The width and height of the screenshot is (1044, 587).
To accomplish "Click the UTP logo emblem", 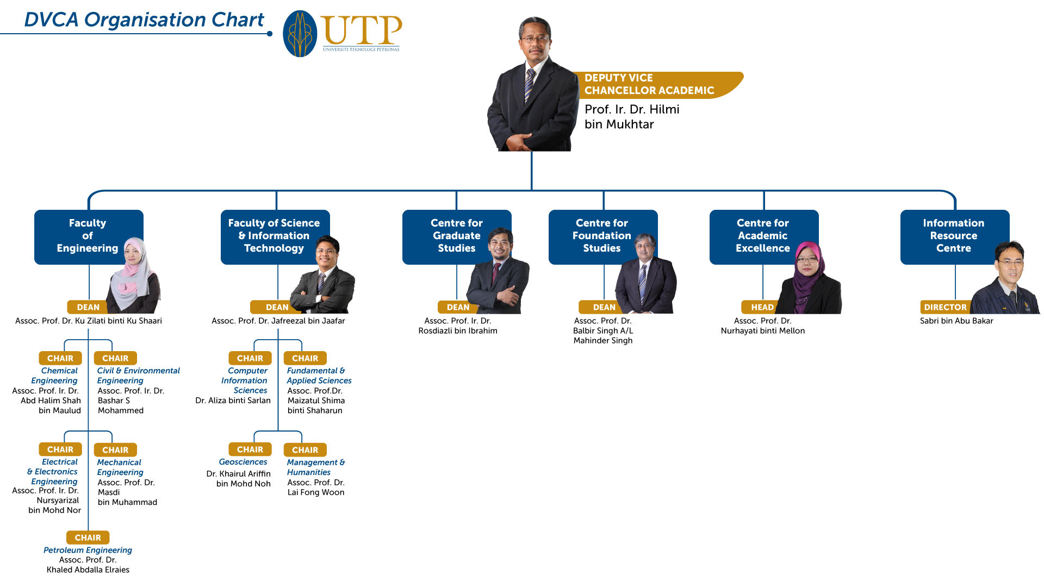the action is [x=300, y=34].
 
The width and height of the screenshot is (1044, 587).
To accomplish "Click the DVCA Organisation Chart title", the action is [x=144, y=20].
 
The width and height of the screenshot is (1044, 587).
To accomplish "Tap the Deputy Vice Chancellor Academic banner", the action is [x=658, y=85].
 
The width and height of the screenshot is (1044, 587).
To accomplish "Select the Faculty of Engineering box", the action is [x=89, y=237].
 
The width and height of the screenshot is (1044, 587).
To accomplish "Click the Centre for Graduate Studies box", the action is [x=457, y=237].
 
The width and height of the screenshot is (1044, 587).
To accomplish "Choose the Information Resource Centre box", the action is [x=955, y=237].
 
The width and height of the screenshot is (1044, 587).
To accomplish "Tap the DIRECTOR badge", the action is [x=946, y=307].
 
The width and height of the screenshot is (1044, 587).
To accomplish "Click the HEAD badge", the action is [x=762, y=307].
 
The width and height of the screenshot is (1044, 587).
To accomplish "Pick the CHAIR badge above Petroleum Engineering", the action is [x=88, y=538].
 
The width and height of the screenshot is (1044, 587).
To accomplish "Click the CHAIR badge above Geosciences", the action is [x=250, y=449].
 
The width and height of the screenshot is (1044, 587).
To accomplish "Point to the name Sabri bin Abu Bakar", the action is [x=956, y=321].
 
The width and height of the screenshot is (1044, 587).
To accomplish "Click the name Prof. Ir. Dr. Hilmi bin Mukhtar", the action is [x=632, y=117].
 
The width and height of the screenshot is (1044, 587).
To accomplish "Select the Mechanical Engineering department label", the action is [x=120, y=467].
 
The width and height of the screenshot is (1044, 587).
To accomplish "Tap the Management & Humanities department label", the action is [x=316, y=467].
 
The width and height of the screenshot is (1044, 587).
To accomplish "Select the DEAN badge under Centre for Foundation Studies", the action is [x=604, y=307].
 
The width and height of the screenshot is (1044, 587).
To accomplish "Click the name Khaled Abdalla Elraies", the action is [x=88, y=570].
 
